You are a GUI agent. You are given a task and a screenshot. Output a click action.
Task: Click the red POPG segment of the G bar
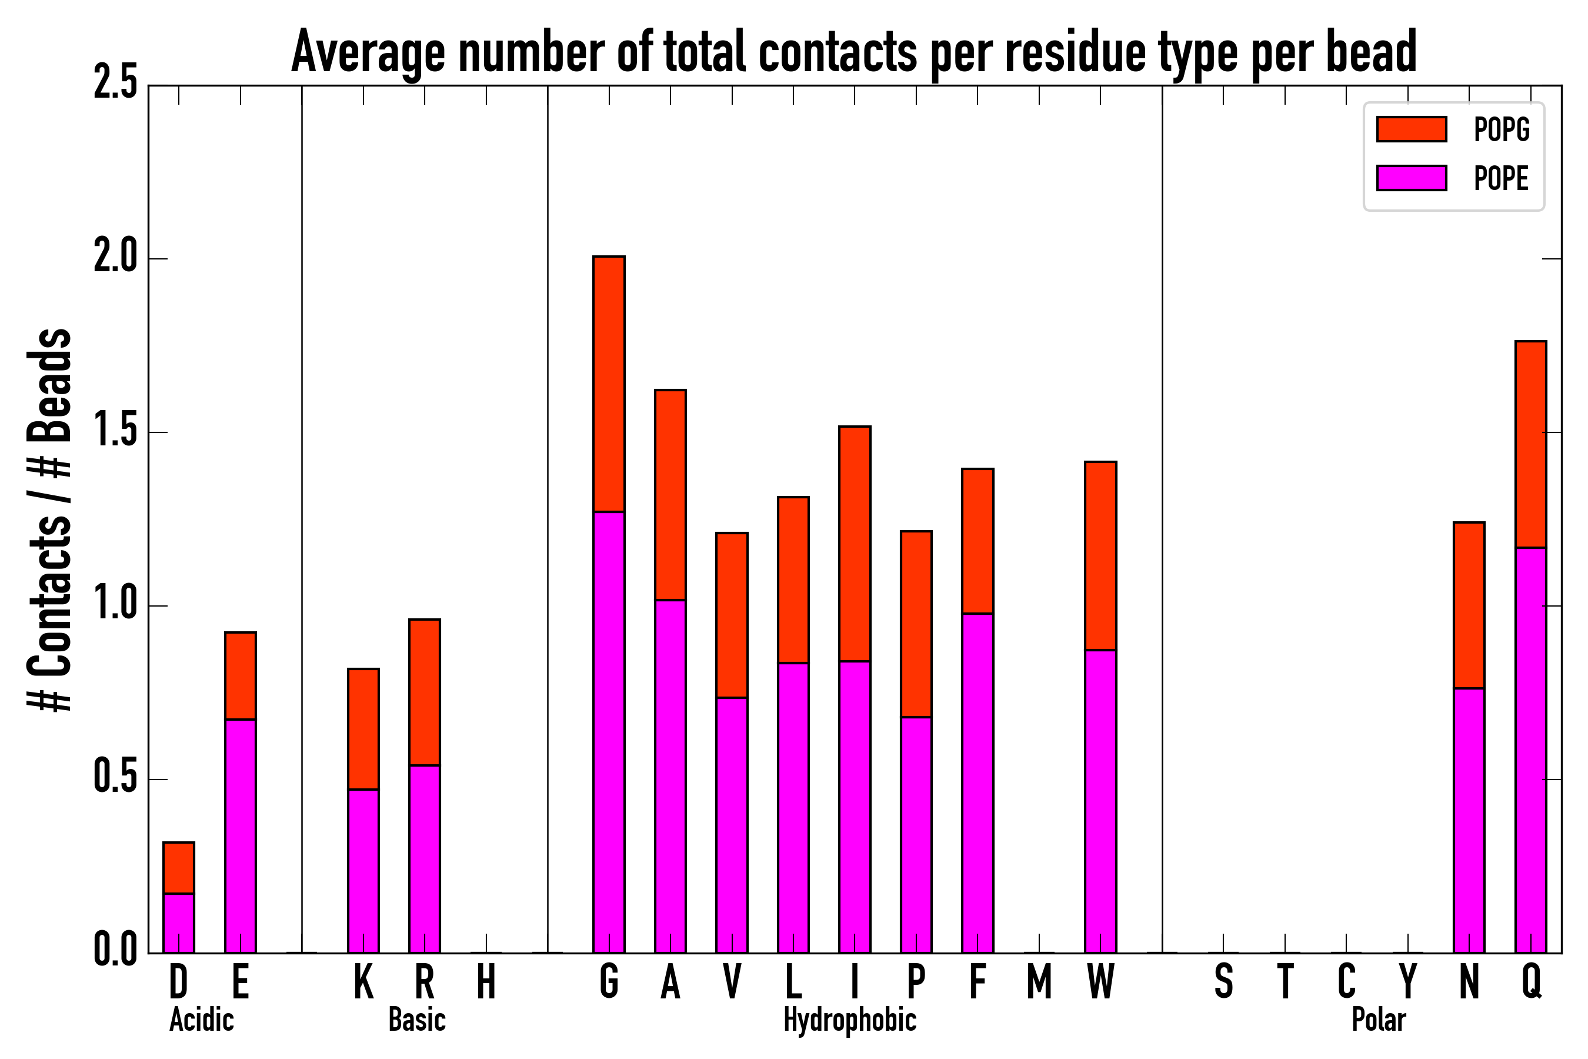[608, 384]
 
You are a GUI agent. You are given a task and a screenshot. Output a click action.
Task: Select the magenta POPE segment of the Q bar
[1530, 750]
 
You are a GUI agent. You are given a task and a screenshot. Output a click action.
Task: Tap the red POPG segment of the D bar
[178, 868]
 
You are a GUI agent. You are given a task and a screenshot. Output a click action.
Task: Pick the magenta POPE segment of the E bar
[240, 836]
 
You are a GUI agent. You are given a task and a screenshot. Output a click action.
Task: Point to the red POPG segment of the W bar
[1100, 555]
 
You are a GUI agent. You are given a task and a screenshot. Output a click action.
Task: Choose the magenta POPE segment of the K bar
[363, 871]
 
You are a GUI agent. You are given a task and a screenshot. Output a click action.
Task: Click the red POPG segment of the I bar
[854, 544]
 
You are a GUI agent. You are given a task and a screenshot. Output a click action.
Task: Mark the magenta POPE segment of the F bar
[977, 784]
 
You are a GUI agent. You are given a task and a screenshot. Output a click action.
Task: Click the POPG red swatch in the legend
[1411, 129]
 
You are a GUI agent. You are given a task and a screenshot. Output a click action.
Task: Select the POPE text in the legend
[1501, 178]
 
